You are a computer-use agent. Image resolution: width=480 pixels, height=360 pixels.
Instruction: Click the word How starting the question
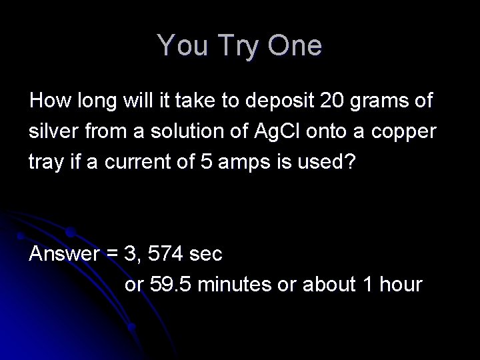coord(47,101)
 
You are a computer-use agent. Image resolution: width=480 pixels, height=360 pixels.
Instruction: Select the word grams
coord(379,103)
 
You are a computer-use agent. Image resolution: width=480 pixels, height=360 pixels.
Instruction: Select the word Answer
coord(63,254)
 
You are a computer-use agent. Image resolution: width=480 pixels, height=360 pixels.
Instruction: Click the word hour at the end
coord(401,285)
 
